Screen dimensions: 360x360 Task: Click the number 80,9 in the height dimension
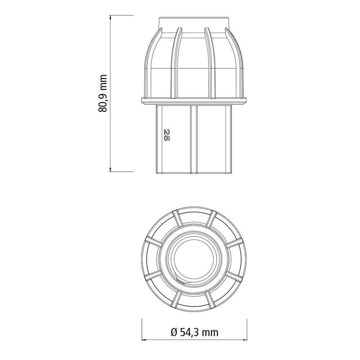(104, 102)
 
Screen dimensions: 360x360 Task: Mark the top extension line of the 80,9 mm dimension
(122, 15)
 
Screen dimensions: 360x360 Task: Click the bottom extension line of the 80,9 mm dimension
(122, 171)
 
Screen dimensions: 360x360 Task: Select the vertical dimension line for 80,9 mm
(111, 54)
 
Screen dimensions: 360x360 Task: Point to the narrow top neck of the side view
(194, 22)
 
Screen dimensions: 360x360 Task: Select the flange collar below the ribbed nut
(194, 100)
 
